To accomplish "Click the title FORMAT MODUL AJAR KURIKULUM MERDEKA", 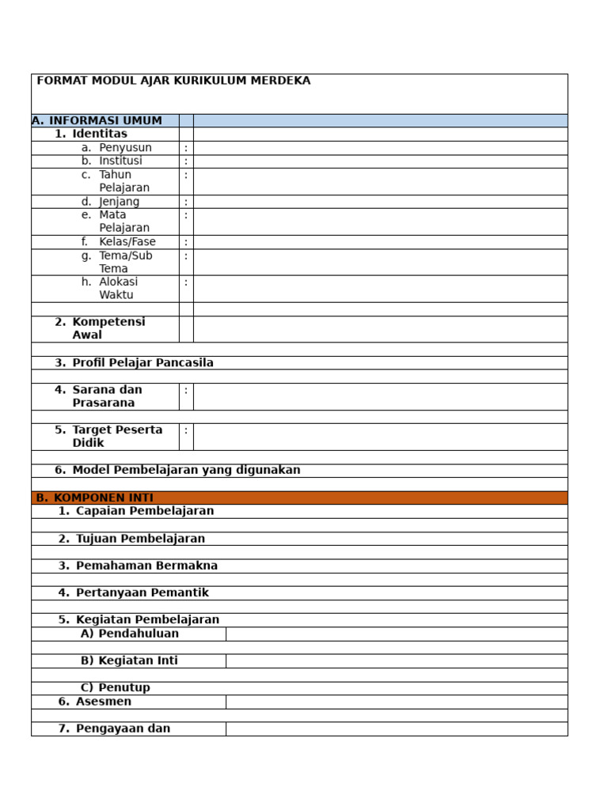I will (173, 81).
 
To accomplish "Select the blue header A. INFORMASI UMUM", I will (97, 121).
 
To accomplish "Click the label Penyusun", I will (125, 148).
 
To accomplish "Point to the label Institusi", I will (120, 161).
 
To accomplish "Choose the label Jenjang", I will (119, 202).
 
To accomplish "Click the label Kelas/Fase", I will (127, 242).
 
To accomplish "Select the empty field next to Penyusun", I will (380, 148).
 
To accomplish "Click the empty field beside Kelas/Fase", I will (380, 242).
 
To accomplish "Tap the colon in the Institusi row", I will (186, 161).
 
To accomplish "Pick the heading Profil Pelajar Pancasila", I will (142, 363).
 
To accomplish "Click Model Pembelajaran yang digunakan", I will (186, 470).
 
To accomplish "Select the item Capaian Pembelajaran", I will (145, 511).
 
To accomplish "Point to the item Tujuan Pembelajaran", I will (140, 539).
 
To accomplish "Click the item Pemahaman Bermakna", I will (146, 566).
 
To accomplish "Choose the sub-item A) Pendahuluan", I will (130, 634).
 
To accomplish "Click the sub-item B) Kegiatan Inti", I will (129, 660).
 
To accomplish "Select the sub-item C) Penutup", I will (116, 687).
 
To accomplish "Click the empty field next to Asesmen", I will (396, 702).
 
